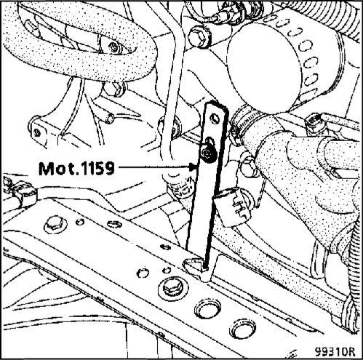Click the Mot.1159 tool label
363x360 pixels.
pos(76,168)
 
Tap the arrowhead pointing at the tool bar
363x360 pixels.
pos(194,167)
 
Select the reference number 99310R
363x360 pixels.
pos(335,351)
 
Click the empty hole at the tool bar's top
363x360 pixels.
pos(215,119)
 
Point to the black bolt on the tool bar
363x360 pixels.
pos(208,153)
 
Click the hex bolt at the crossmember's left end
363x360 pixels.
pos(55,225)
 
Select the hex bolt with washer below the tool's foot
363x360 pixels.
pos(173,288)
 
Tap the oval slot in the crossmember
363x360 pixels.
pos(114,224)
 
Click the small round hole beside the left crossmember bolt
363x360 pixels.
pos(80,222)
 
